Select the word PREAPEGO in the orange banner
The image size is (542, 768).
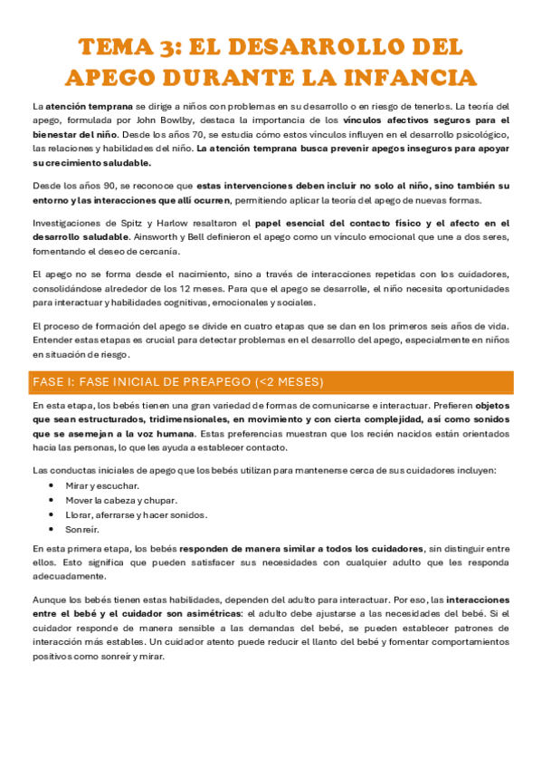(211, 381)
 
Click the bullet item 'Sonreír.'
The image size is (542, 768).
(82, 529)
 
